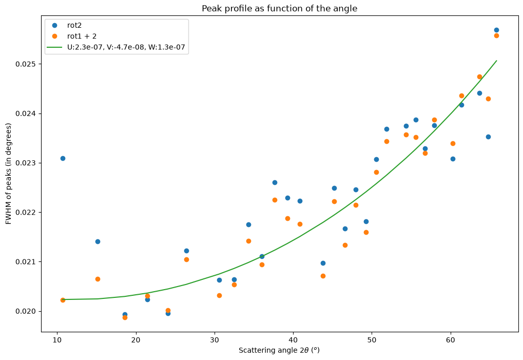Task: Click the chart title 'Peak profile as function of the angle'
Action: coord(280,8)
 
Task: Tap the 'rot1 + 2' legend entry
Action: coord(74,36)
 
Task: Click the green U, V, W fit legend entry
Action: coord(116,47)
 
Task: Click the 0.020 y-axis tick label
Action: coord(26,311)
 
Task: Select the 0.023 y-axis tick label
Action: coord(26,163)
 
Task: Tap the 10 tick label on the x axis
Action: coord(57,340)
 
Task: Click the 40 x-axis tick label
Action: coord(293,340)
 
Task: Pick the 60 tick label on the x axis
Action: coord(451,340)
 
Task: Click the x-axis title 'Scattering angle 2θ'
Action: coord(279,350)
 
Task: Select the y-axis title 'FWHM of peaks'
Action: coord(8,174)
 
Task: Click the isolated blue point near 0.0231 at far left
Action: coord(63,159)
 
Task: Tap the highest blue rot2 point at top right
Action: coord(496,30)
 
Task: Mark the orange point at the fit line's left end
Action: coord(63,300)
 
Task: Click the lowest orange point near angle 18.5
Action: coord(125,317)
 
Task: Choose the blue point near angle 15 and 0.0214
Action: coord(98,241)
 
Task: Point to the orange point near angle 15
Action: coord(98,279)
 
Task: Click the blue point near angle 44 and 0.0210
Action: coord(323,263)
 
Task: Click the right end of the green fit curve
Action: coord(497,61)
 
